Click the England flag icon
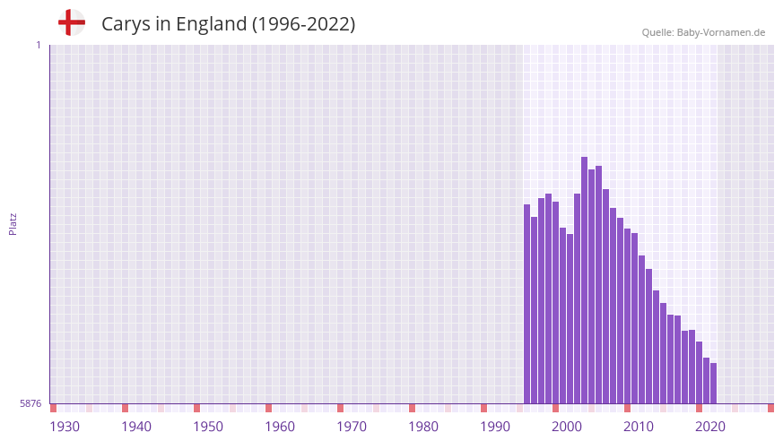[x=72, y=22]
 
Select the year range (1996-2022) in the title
[x=303, y=24]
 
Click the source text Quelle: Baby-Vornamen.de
[x=703, y=32]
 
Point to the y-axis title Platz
[x=13, y=223]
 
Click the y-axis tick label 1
[x=38, y=45]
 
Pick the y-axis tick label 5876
[x=30, y=404]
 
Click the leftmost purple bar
[x=526, y=304]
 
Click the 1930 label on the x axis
[x=65, y=427]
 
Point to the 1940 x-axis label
[x=136, y=427]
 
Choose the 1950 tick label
[x=208, y=427]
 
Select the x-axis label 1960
[x=280, y=427]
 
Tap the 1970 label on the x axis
[x=352, y=427]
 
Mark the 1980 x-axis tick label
[x=423, y=427]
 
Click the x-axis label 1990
[x=495, y=427]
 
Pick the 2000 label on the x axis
[x=567, y=427]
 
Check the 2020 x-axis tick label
[x=710, y=427]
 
